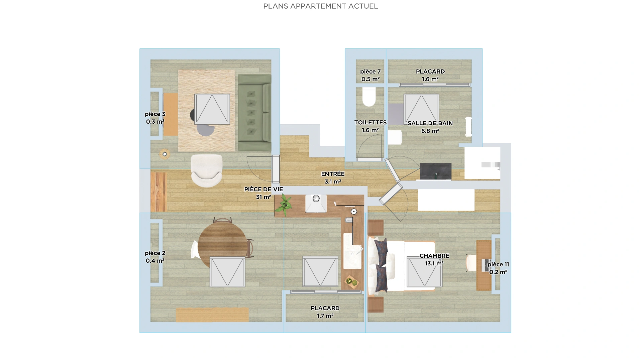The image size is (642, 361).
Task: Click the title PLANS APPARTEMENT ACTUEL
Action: [x=320, y=6]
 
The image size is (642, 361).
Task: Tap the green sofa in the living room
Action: [x=254, y=113]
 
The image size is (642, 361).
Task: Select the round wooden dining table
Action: [x=222, y=245]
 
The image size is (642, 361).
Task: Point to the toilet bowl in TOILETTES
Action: [x=369, y=97]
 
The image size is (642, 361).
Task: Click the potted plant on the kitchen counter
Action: [x=284, y=205]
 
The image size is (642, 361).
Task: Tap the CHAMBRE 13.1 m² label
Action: [x=434, y=259]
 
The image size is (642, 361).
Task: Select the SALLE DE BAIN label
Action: [x=430, y=123]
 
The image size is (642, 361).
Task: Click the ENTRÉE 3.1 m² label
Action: [x=333, y=177]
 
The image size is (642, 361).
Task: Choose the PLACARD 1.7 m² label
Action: [x=325, y=312]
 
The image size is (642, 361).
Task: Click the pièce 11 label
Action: [x=498, y=268]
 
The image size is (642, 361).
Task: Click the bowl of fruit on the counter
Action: [x=351, y=282]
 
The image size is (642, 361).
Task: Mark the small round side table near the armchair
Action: [x=165, y=154]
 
